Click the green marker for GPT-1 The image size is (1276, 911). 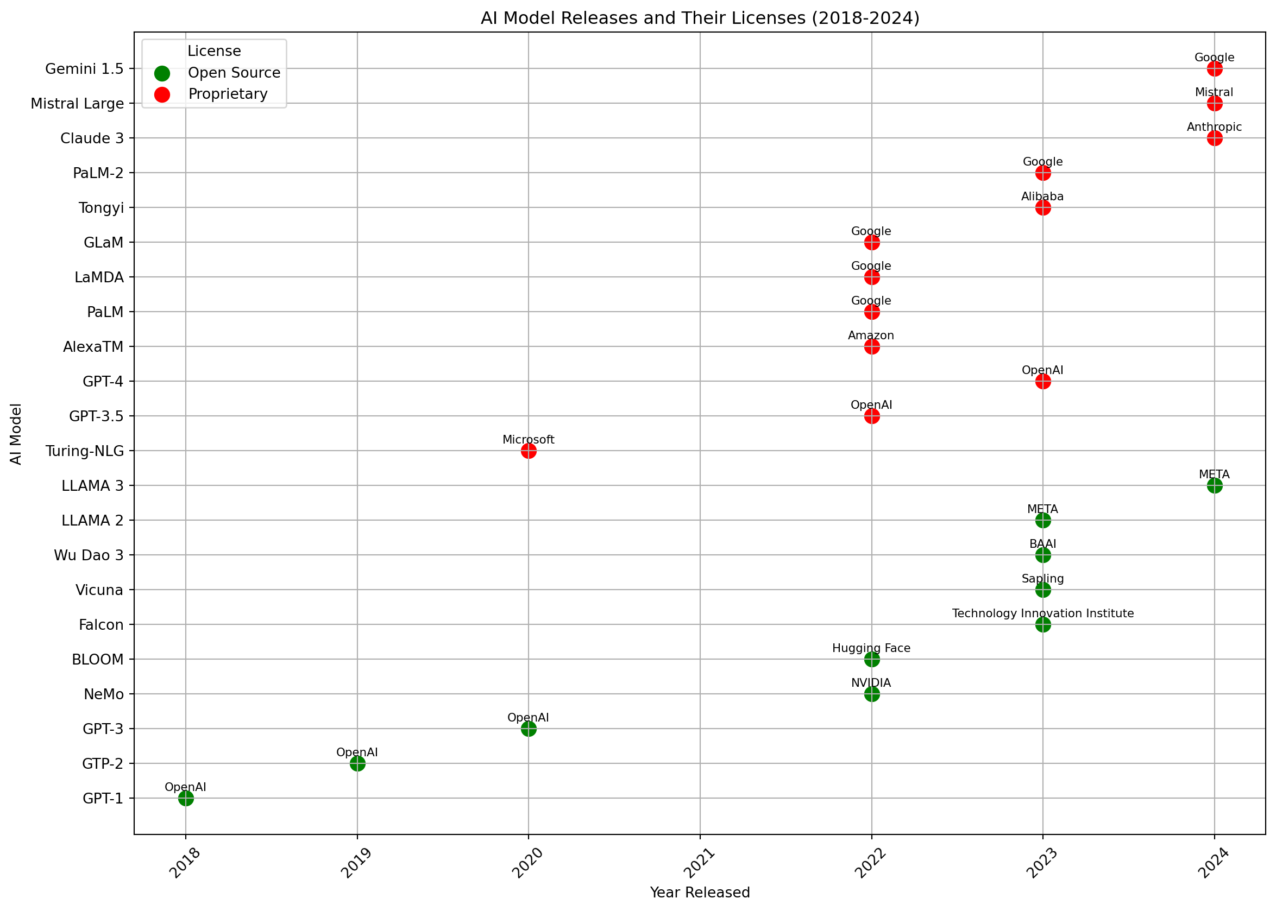(186, 798)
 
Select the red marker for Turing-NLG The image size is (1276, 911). (528, 451)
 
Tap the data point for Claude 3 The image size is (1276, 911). (1214, 138)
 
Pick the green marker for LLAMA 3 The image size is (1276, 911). (1214, 485)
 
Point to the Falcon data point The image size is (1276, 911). (1042, 624)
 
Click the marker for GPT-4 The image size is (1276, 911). (1042, 382)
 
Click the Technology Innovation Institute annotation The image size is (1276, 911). (1042, 613)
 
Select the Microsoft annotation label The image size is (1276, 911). (528, 440)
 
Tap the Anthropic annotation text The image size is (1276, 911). (1214, 128)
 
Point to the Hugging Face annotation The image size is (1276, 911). (871, 648)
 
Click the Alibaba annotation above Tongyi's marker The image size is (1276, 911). (1042, 197)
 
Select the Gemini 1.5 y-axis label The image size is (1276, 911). (84, 69)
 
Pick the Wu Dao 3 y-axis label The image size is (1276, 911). (89, 555)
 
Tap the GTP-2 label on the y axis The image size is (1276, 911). (103, 764)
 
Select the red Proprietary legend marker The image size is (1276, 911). (162, 94)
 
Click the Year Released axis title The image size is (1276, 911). (700, 893)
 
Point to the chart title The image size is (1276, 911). (700, 18)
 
